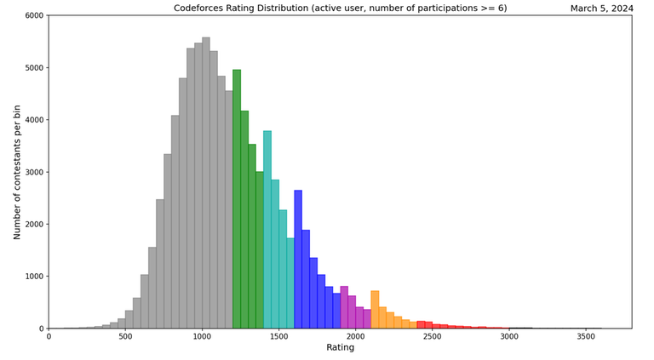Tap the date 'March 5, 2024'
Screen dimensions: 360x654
click(x=600, y=9)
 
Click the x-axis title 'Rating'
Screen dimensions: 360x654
click(x=340, y=348)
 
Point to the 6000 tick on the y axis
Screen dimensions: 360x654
click(x=33, y=15)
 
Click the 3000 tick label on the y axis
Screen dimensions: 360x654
click(x=33, y=172)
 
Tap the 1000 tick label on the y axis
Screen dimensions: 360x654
click(x=33, y=277)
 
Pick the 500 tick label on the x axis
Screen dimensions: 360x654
click(x=125, y=336)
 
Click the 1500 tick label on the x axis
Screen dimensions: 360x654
click(x=278, y=336)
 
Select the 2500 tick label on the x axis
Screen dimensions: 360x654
click(x=432, y=336)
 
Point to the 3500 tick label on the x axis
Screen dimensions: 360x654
click(x=585, y=336)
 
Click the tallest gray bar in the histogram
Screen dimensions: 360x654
click(x=206, y=183)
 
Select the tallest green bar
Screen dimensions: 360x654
click(x=237, y=199)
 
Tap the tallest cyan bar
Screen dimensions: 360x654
click(x=267, y=230)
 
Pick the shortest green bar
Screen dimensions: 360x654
click(x=260, y=250)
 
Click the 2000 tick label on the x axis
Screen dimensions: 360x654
click(x=355, y=336)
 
